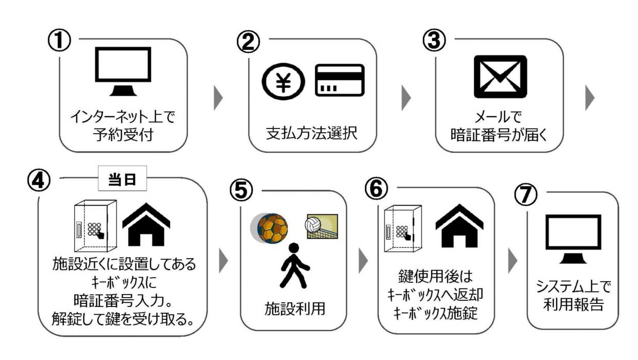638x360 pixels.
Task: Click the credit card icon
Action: pyautogui.click(x=339, y=80)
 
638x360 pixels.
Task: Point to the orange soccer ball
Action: pyautogui.click(x=271, y=228)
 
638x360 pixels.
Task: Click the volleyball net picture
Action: pyautogui.click(x=322, y=226)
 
